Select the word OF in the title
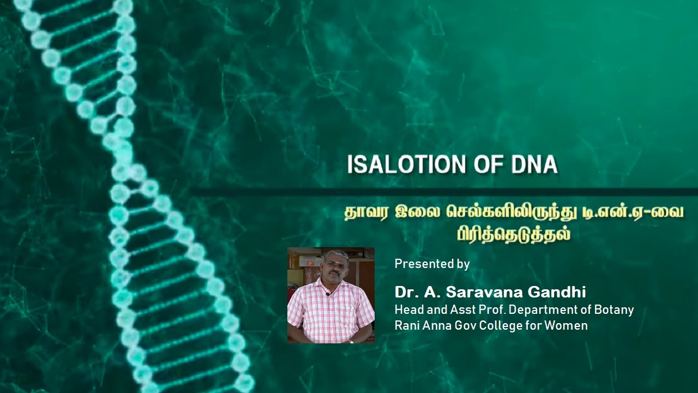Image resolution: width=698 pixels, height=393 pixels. click(x=489, y=164)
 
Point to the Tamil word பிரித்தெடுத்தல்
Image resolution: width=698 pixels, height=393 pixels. click(x=514, y=234)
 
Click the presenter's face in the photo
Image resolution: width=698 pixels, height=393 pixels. click(x=335, y=265)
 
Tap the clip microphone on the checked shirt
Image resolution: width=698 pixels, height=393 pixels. click(x=328, y=294)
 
